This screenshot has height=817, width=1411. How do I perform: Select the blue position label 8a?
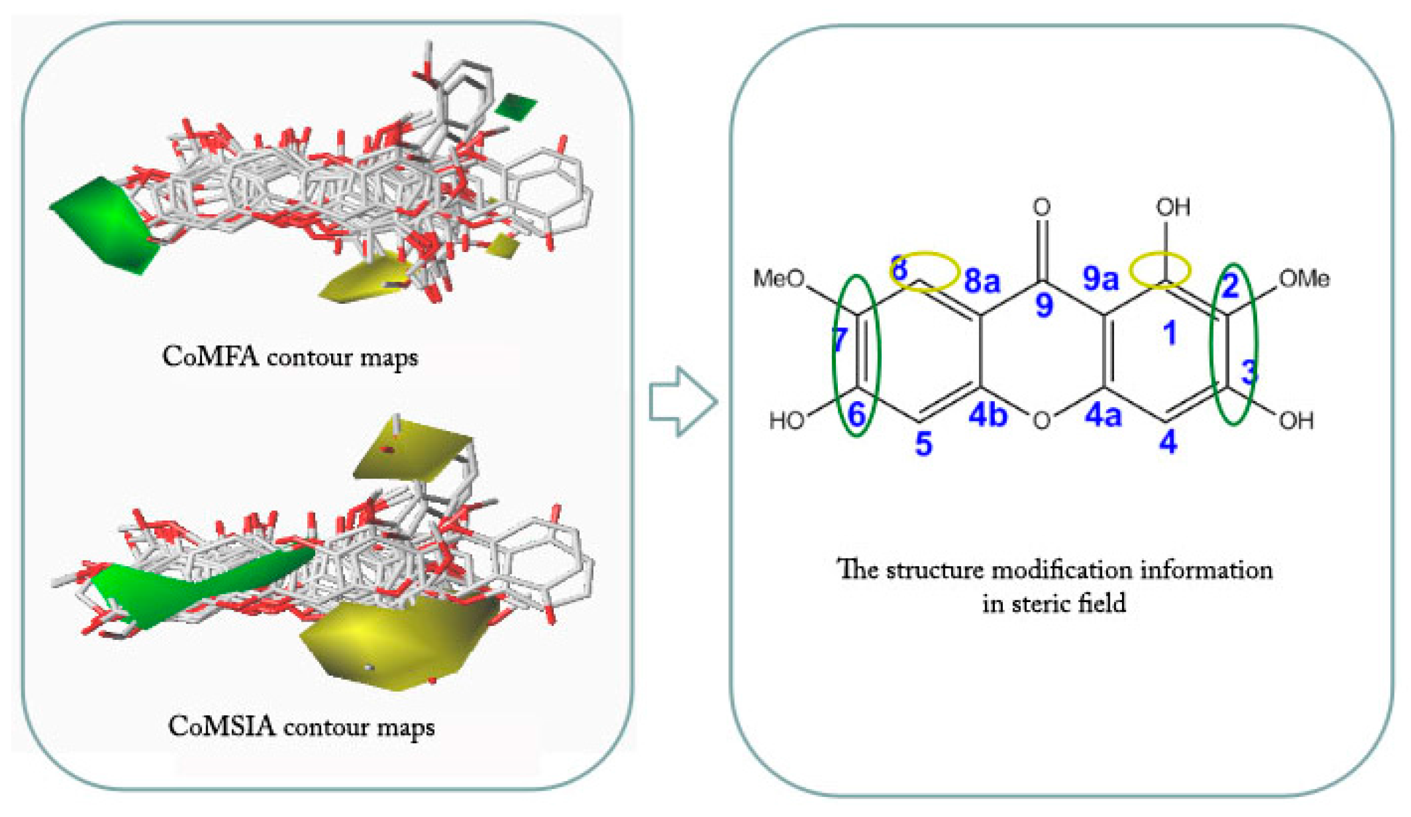point(982,281)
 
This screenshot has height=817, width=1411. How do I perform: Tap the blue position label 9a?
point(1101,279)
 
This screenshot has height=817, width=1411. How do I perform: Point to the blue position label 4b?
point(988,415)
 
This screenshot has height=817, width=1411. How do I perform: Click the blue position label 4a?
point(1103,416)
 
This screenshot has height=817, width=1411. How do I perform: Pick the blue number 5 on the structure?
point(924,444)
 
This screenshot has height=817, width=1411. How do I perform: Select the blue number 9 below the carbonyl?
point(1044,304)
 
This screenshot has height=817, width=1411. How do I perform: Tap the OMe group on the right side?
point(1304,279)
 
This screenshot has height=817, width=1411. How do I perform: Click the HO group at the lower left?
point(787,421)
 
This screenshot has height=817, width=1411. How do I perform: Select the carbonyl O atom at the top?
point(1042,208)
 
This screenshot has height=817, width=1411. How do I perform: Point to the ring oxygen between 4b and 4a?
point(1042,420)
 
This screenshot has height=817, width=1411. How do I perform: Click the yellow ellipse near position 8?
point(924,271)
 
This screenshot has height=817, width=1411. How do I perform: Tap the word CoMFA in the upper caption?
point(211,357)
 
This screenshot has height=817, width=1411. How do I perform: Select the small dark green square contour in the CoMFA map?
point(515,107)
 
